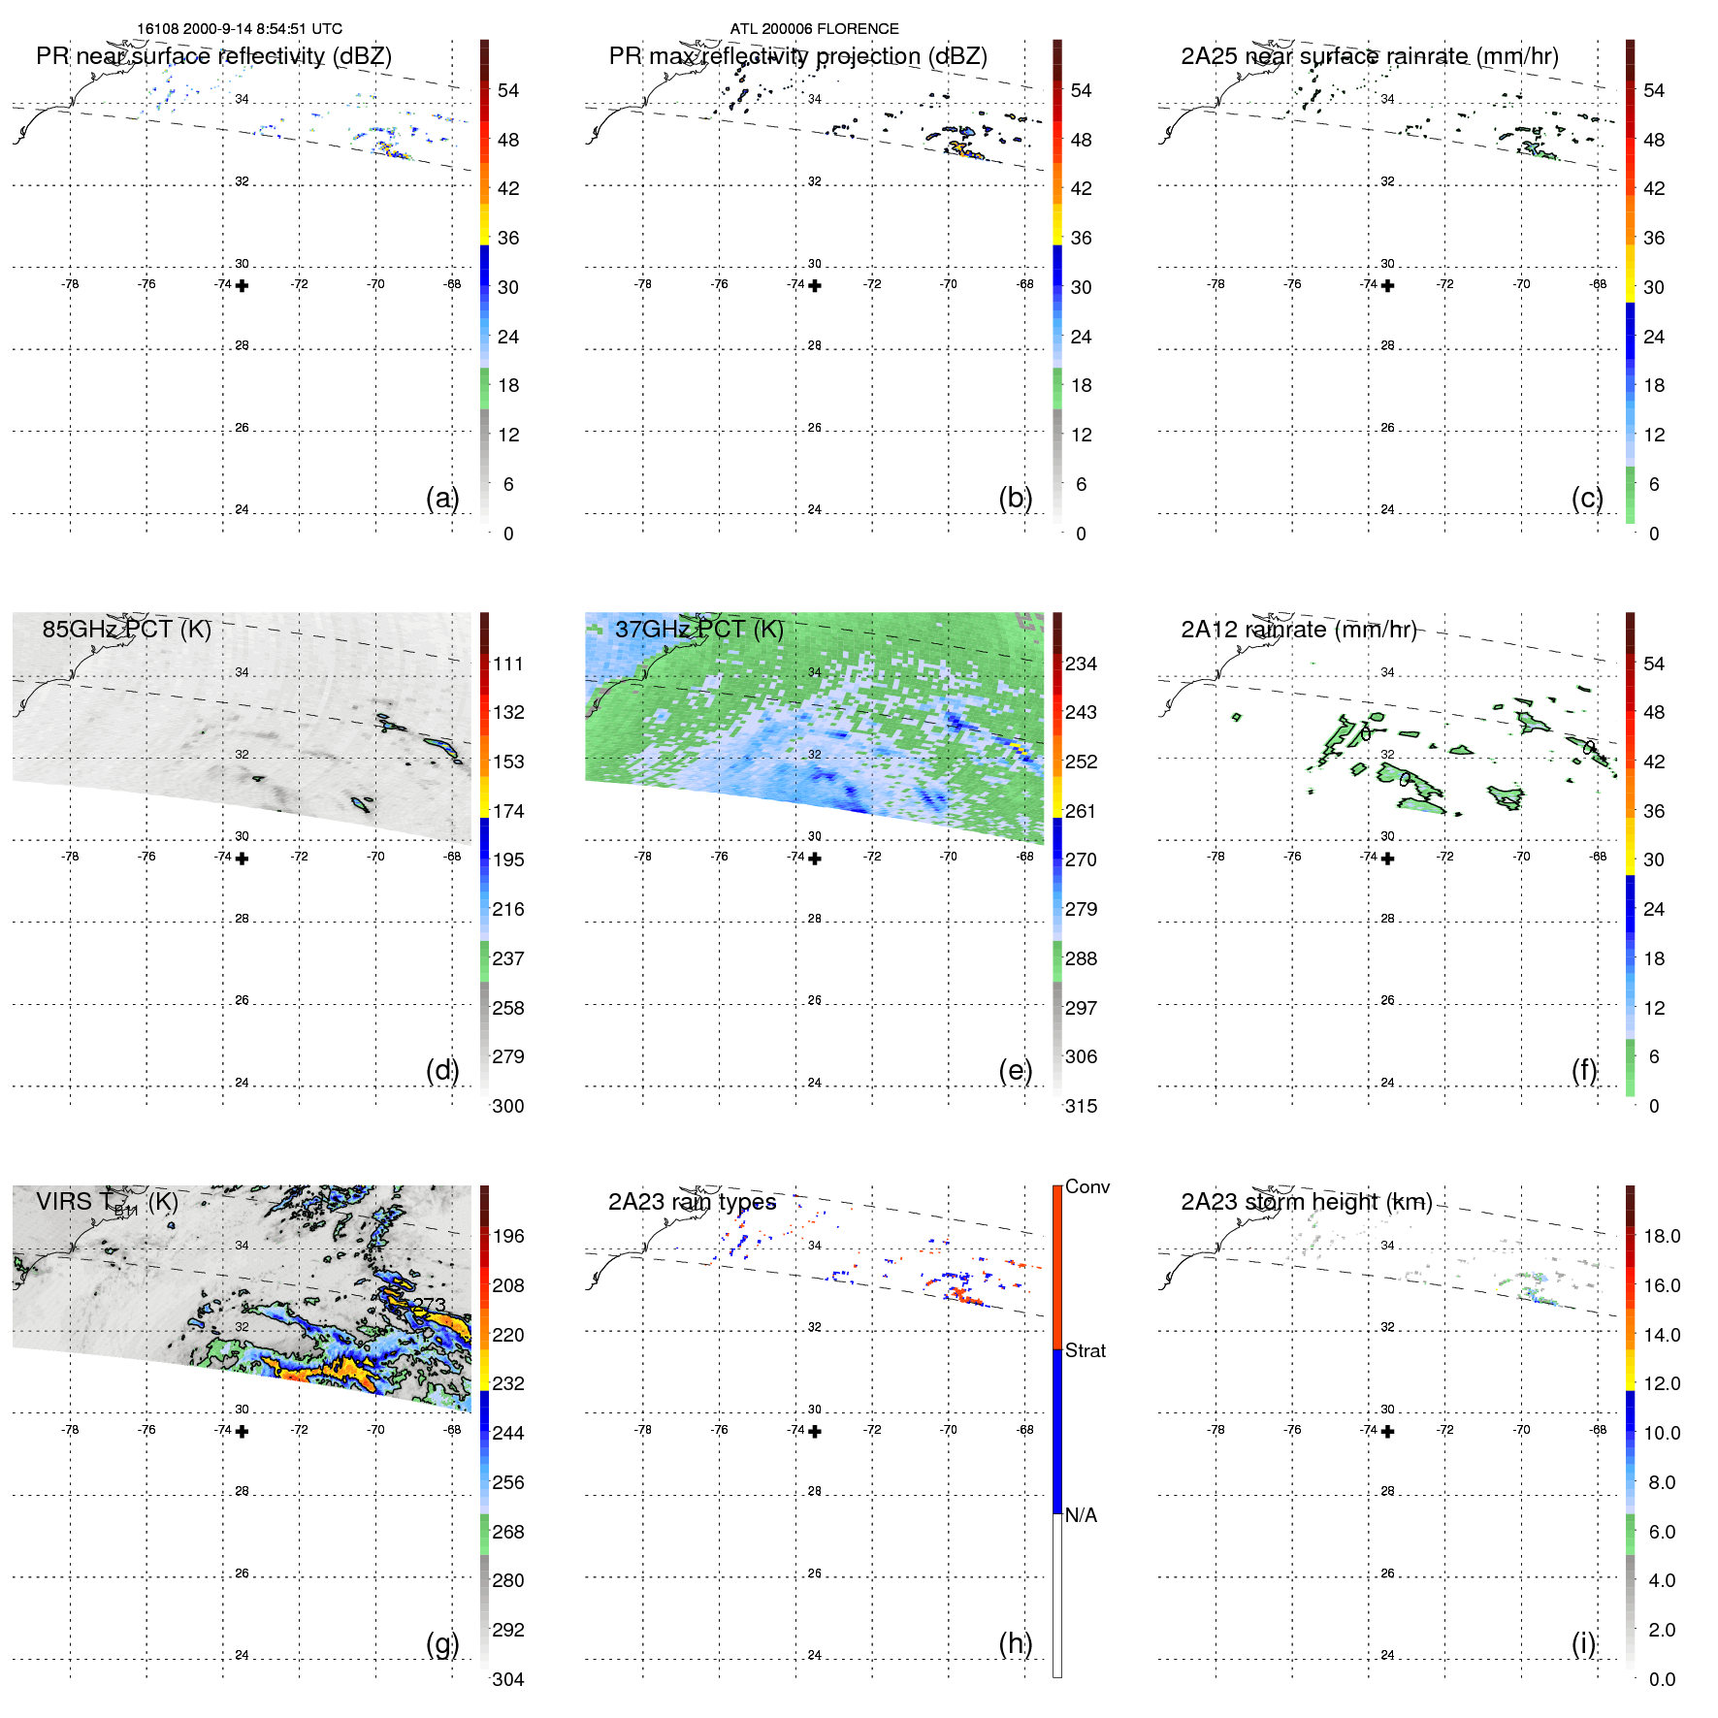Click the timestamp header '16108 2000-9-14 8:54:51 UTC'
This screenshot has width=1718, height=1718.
(x=239, y=29)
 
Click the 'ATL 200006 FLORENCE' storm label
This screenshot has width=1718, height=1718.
(x=814, y=29)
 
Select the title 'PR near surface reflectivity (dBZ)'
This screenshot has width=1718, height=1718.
(x=213, y=56)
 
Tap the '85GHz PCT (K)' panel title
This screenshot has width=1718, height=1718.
(x=126, y=629)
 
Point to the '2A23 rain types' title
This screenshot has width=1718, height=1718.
(x=692, y=1202)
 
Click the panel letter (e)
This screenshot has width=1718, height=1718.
(x=1015, y=1070)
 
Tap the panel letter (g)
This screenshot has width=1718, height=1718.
(x=442, y=1643)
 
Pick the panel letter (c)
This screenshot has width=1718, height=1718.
(x=1587, y=498)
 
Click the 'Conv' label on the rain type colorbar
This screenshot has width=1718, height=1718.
(x=1086, y=1186)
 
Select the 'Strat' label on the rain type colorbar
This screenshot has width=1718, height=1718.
(x=1085, y=1350)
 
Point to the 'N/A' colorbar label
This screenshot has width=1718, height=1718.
(x=1081, y=1515)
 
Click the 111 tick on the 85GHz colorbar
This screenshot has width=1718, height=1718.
(x=507, y=664)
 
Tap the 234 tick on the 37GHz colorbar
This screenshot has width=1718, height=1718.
(x=1081, y=664)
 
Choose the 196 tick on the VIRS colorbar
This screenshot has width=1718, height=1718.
(x=507, y=1236)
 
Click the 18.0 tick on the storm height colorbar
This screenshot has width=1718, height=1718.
(x=1661, y=1236)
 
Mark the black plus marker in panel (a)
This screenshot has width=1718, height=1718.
(x=243, y=286)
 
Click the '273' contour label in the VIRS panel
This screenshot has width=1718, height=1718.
(x=429, y=1305)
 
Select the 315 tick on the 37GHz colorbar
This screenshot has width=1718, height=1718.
(x=1081, y=1106)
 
